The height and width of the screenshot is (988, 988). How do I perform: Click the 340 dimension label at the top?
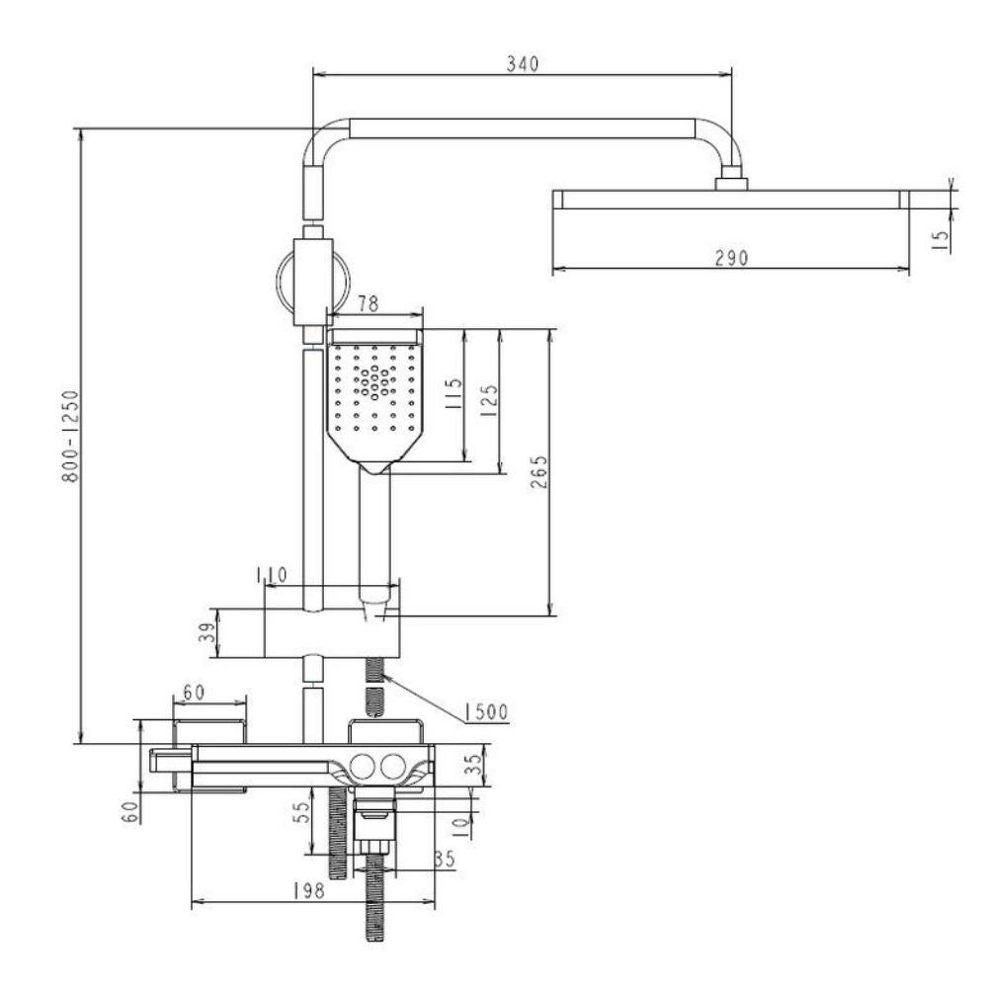click(523, 63)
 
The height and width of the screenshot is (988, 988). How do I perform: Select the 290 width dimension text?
click(731, 258)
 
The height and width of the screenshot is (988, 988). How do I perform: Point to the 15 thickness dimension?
click(940, 240)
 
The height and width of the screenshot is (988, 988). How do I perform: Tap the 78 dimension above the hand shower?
click(368, 303)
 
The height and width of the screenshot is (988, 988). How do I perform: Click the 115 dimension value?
click(453, 393)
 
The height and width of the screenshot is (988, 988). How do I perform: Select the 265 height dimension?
click(539, 471)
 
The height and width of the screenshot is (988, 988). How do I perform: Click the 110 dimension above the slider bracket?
click(272, 575)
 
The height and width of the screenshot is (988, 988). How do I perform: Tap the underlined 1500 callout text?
click(486, 712)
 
